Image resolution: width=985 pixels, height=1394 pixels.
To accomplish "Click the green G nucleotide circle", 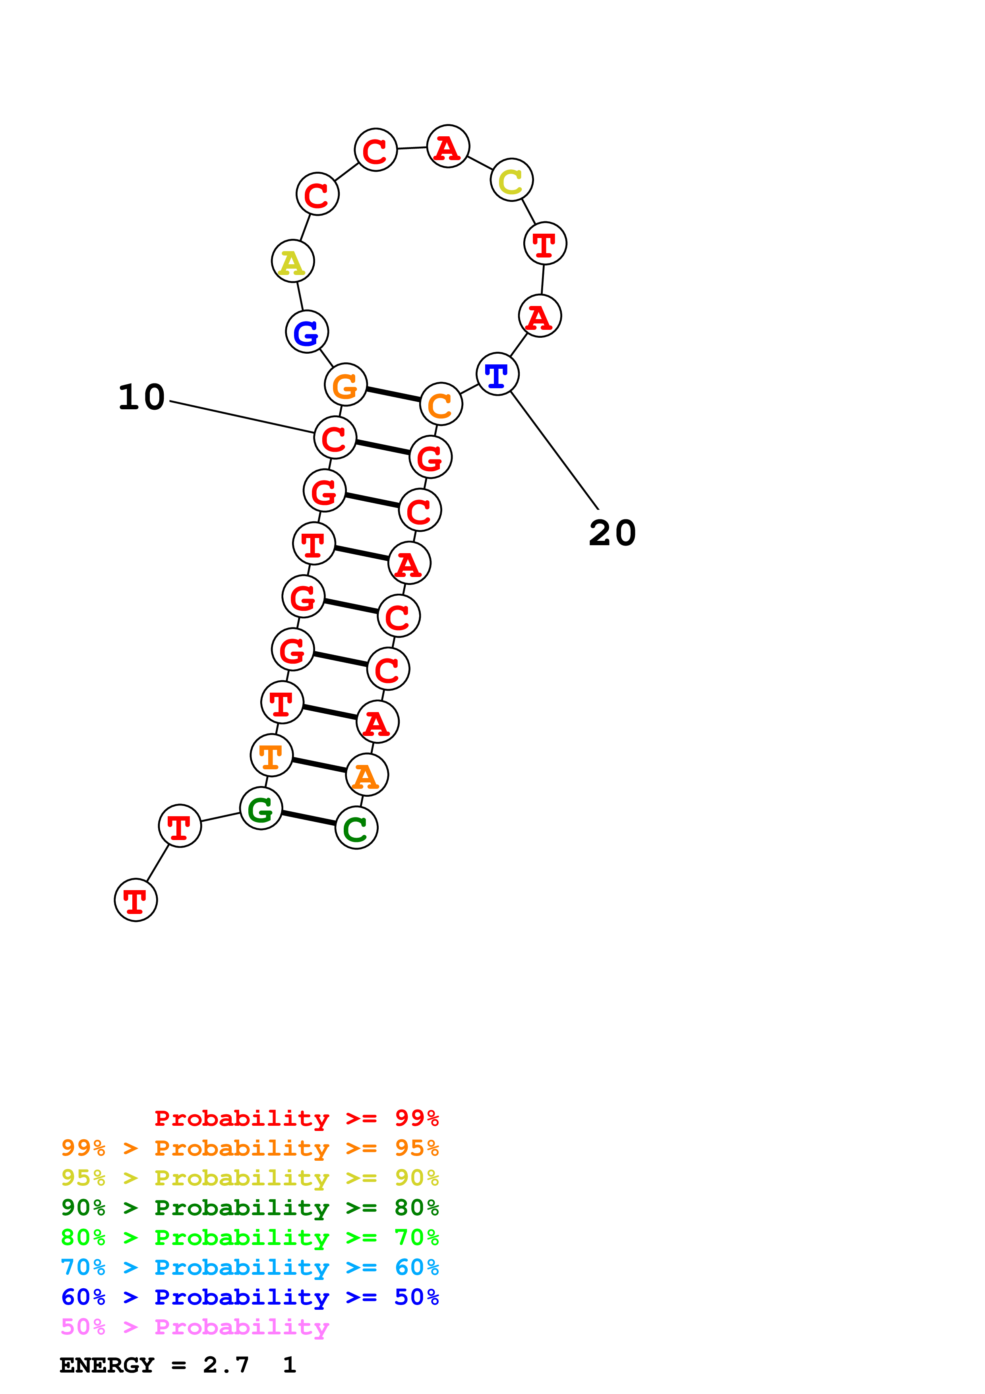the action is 261,808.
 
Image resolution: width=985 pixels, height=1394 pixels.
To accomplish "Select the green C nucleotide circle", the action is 356,827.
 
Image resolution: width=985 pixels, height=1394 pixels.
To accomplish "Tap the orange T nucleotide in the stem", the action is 271,755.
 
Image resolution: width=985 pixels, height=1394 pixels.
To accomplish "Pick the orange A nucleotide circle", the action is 367,775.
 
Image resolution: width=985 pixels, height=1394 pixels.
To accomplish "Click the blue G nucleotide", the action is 306,331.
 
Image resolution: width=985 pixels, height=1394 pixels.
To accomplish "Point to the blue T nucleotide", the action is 497,374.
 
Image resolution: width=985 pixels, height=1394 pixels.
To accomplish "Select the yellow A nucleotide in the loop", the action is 292,261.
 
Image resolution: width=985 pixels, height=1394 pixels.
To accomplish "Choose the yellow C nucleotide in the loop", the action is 512,180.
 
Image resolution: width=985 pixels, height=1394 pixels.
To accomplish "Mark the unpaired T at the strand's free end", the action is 136,900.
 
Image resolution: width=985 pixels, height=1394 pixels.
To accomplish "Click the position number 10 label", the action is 141,398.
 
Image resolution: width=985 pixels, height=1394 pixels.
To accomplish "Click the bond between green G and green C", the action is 309,818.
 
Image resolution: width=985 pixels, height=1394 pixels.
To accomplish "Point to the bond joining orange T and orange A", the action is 319,765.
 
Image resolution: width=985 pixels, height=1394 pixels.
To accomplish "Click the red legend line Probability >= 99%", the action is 296,1118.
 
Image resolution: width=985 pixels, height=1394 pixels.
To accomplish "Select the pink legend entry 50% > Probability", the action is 195,1326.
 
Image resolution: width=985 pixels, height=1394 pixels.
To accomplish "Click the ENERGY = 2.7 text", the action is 154,1365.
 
